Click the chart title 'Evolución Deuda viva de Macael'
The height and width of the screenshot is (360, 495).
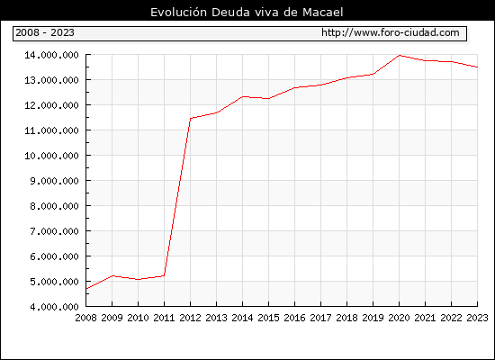pyautogui.click(x=247, y=13)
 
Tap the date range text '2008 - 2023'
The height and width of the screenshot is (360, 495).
pyautogui.click(x=45, y=32)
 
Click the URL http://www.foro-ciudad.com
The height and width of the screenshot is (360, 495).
pyautogui.click(x=391, y=32)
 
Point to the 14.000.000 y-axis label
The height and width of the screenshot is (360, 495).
pyautogui.click(x=51, y=55)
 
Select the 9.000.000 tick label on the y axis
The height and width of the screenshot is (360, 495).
pyautogui.click(x=54, y=181)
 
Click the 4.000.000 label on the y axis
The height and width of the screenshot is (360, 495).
pyautogui.click(x=54, y=307)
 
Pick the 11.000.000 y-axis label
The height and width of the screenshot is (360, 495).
pyautogui.click(x=51, y=130)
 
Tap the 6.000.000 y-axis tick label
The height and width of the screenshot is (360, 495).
pyautogui.click(x=54, y=256)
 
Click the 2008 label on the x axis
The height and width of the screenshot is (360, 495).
pyautogui.click(x=85, y=318)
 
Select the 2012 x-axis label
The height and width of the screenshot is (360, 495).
pyautogui.click(x=191, y=318)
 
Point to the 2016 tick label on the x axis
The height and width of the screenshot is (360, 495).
pyautogui.click(x=294, y=318)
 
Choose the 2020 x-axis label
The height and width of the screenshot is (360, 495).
pyautogui.click(x=399, y=318)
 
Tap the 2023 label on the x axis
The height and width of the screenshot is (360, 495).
pyautogui.click(x=477, y=318)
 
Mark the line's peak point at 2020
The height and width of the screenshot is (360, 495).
pyautogui.click(x=399, y=55)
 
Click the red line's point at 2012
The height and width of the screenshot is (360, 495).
pyautogui.click(x=191, y=119)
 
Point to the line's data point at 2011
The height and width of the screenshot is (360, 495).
pyautogui.click(x=164, y=275)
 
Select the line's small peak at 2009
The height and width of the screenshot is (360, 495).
pyautogui.click(x=112, y=275)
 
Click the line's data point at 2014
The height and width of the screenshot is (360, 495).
pyautogui.click(x=242, y=96)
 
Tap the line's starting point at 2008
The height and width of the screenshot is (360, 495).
pyautogui.click(x=86, y=289)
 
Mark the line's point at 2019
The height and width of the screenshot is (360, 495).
pyautogui.click(x=373, y=74)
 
